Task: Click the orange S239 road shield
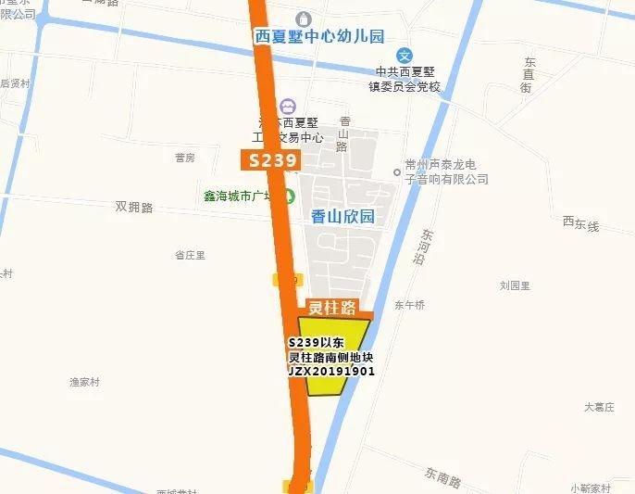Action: (271, 160)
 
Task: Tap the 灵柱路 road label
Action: (332, 308)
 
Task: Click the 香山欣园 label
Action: (342, 216)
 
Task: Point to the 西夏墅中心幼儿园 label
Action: (318, 36)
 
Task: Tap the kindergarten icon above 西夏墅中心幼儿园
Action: (304, 18)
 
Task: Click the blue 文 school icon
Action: (404, 56)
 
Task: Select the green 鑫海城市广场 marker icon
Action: (289, 196)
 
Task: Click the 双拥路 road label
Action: (134, 207)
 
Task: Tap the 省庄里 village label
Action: (190, 255)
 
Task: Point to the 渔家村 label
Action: (84, 381)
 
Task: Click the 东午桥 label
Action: (409, 304)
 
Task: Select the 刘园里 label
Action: (515, 285)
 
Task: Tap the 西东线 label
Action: (580, 223)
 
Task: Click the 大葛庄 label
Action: (600, 406)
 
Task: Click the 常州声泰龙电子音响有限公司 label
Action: (446, 171)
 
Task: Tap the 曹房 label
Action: (185, 158)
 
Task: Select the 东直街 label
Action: (527, 74)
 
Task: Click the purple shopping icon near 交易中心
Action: (288, 108)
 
